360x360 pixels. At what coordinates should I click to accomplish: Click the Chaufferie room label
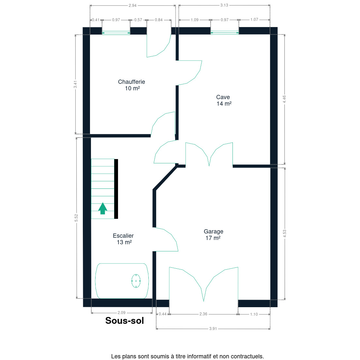click(x=131, y=85)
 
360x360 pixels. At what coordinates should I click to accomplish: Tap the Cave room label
click(x=223, y=100)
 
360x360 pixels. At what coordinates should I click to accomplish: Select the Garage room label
click(x=213, y=235)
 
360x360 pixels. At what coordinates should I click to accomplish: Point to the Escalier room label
click(x=123, y=239)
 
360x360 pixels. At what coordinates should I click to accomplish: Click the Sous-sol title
click(x=125, y=321)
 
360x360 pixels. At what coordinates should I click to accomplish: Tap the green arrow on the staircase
click(x=103, y=208)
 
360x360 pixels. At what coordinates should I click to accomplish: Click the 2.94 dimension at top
click(x=132, y=6)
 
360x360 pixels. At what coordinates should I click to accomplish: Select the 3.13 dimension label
click(x=224, y=5)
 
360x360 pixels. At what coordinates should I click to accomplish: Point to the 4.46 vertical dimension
click(x=284, y=99)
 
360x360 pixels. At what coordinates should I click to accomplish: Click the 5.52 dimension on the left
click(x=76, y=218)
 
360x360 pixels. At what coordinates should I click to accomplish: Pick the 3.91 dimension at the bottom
click(x=213, y=329)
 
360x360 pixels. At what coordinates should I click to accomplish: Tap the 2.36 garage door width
click(x=203, y=314)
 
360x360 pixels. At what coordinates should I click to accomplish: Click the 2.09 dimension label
click(x=121, y=312)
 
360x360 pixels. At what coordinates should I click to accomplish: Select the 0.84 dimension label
click(x=159, y=20)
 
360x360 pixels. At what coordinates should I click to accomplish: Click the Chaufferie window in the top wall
click(x=116, y=33)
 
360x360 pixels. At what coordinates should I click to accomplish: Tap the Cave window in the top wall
click(x=225, y=33)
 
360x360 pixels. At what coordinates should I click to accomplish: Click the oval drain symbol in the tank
click(x=136, y=281)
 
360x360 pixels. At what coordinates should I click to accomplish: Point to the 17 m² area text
click(x=213, y=238)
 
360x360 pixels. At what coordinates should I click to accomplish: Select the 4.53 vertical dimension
click(x=284, y=233)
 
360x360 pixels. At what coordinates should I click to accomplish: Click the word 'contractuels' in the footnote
click(x=247, y=356)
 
